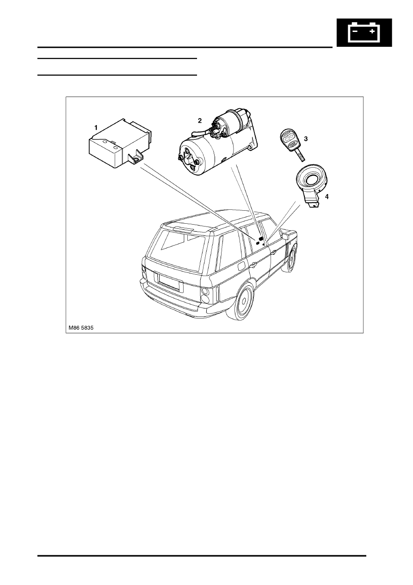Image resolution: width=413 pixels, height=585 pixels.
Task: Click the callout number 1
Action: (96, 128)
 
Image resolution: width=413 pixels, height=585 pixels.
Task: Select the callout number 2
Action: (200, 120)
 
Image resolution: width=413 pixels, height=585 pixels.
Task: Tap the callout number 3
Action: (306, 138)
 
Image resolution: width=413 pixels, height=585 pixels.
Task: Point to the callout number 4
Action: (327, 197)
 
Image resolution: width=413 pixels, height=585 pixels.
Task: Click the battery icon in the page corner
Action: (364, 32)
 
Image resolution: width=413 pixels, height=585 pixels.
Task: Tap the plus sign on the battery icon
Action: (372, 31)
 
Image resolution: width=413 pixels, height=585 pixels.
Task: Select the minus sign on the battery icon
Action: (355, 31)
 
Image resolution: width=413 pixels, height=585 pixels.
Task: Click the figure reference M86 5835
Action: (81, 328)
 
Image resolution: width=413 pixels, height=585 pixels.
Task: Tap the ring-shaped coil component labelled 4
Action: (312, 187)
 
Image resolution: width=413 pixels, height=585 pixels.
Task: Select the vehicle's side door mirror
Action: (285, 236)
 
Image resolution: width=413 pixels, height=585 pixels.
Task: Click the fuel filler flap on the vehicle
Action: (241, 266)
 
